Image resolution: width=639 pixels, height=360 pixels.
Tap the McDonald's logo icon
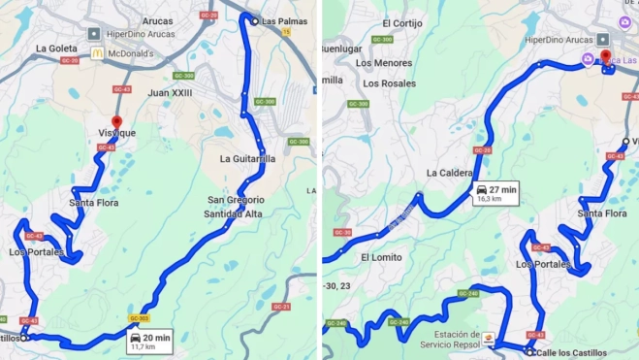pyautogui.click(x=97, y=53)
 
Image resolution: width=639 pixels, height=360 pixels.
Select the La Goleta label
pyautogui.click(x=56, y=48)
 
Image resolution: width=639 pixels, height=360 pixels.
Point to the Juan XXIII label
pyautogui.click(x=170, y=92)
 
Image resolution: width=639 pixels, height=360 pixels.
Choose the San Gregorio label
pyautogui.click(x=236, y=200)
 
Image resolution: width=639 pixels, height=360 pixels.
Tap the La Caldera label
pyautogui.click(x=447, y=173)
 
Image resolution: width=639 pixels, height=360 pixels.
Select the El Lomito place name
pyautogui.click(x=380, y=257)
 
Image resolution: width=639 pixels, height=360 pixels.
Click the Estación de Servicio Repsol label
pyautogui.click(x=451, y=339)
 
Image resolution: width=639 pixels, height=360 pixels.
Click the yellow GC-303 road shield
pyautogui.click(x=139, y=317)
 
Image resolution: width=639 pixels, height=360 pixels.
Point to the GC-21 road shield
pyautogui.click(x=282, y=307)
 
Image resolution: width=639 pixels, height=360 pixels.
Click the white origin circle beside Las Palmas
pyautogui.click(x=254, y=21)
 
